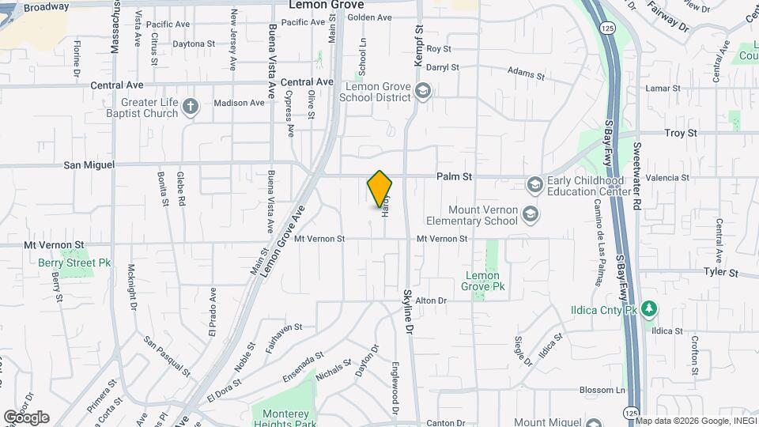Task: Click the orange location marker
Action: pos(380,188)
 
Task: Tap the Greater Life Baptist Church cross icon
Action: pos(190,108)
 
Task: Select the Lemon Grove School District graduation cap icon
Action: pos(423,92)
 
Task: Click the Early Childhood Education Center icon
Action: pos(535,184)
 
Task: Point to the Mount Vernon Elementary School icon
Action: pos(529,214)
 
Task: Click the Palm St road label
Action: pos(455,178)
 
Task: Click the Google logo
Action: pos(26,418)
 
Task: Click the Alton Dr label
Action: pos(432,300)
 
